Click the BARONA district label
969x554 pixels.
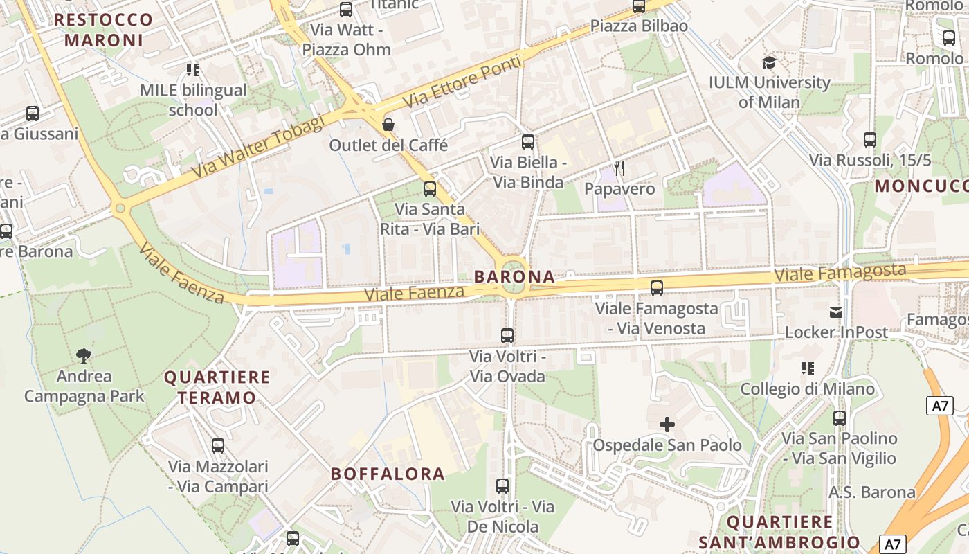pyautogui.click(x=514, y=277)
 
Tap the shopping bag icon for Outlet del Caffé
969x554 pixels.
pyautogui.click(x=388, y=125)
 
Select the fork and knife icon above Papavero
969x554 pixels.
pyautogui.click(x=619, y=168)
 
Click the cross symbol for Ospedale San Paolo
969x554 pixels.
pyautogui.click(x=667, y=425)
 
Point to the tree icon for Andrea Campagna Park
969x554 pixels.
pyautogui.click(x=84, y=356)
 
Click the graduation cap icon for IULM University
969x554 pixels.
pyautogui.click(x=769, y=62)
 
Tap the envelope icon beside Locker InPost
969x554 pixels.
pyautogui.click(x=836, y=312)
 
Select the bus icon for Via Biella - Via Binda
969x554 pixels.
pyautogui.click(x=528, y=142)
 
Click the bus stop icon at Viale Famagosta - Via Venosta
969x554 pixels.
pyautogui.click(x=657, y=287)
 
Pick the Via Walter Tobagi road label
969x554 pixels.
pyautogui.click(x=258, y=147)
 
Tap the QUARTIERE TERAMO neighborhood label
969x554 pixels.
pyautogui.click(x=217, y=388)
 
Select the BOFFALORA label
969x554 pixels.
pyautogui.click(x=388, y=474)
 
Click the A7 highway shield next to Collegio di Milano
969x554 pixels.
pyautogui.click(x=939, y=406)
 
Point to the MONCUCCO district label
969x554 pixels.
pyautogui.click(x=921, y=186)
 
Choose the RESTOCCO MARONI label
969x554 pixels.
pyautogui.click(x=104, y=30)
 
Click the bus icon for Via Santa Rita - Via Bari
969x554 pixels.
pyautogui.click(x=430, y=188)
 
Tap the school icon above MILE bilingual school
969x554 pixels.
pyautogui.click(x=193, y=69)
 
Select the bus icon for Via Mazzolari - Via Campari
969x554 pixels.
pyautogui.click(x=218, y=446)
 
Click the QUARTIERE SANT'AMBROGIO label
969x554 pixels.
pyautogui.click(x=779, y=532)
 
